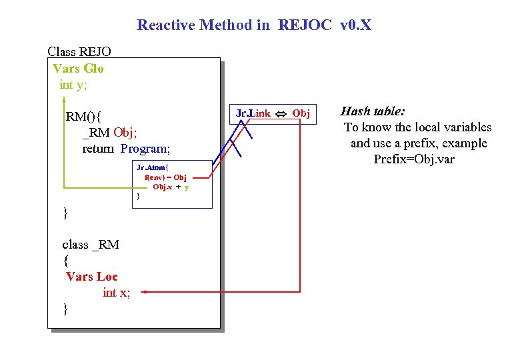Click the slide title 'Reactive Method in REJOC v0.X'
tap(254, 25)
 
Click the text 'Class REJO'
tap(79, 51)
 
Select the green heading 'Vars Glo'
tap(78, 69)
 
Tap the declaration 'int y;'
tap(73, 85)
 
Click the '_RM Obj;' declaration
tap(110, 133)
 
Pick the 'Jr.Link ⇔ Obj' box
tap(273, 113)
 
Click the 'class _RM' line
tap(91, 244)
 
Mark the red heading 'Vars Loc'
tap(91, 276)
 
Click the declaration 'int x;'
tap(116, 292)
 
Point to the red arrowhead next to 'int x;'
tap(145, 292)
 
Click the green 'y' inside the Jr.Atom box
tap(187, 187)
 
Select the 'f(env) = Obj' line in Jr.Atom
tap(165, 178)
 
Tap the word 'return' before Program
tap(99, 149)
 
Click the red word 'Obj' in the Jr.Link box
tap(301, 114)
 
